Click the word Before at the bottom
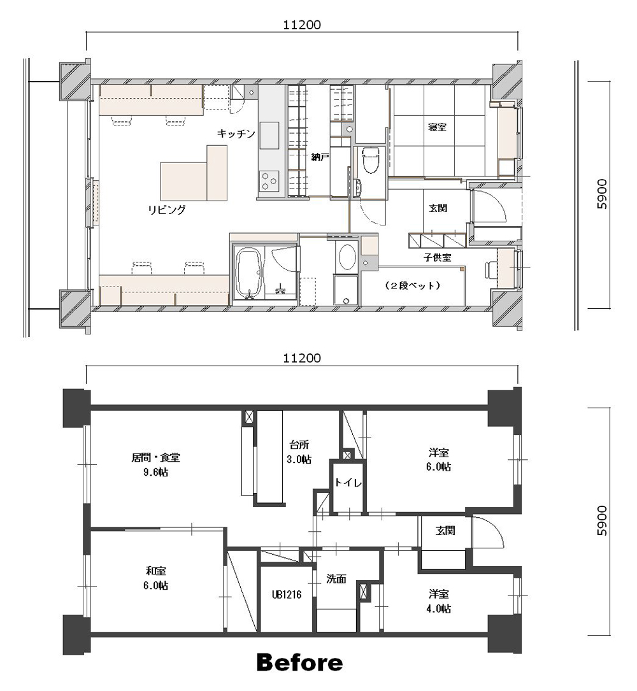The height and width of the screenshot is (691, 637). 299,662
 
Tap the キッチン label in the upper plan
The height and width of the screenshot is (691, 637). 236,133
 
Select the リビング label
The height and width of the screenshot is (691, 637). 167,210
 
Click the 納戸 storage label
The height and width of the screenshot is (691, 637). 320,157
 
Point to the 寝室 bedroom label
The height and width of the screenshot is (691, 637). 438,127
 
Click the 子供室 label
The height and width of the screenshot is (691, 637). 438,257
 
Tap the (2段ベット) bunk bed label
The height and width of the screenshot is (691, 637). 413,285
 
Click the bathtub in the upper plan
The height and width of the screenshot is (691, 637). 250,273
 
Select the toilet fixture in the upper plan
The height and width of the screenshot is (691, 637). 371,159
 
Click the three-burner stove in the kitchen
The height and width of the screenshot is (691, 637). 269,181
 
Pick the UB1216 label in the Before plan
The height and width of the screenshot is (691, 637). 287,594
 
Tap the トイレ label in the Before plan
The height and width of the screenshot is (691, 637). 348,483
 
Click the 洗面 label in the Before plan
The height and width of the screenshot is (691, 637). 336,579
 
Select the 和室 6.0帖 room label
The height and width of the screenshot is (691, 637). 156,578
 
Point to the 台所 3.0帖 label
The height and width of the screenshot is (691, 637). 299,452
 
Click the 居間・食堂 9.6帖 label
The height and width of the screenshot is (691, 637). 155,464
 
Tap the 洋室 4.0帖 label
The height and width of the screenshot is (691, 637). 439,601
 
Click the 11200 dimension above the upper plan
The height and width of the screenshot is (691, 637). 302,25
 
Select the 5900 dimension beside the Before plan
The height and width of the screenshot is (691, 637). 602,521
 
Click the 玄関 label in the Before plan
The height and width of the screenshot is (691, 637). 445,531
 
